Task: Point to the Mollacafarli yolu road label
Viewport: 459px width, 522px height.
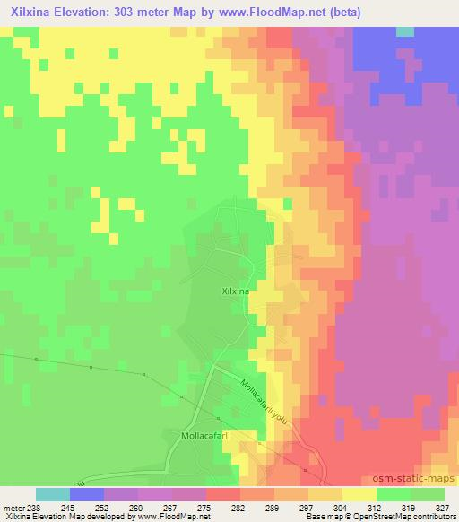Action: pyautogui.click(x=266, y=398)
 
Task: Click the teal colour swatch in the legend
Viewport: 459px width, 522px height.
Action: pyautogui.click(x=53, y=494)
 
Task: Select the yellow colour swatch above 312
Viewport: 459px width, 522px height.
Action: pyautogui.click(x=359, y=494)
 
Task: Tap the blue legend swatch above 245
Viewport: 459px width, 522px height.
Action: pyautogui.click(x=87, y=494)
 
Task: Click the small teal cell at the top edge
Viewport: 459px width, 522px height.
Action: pyautogui.click(x=405, y=31)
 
